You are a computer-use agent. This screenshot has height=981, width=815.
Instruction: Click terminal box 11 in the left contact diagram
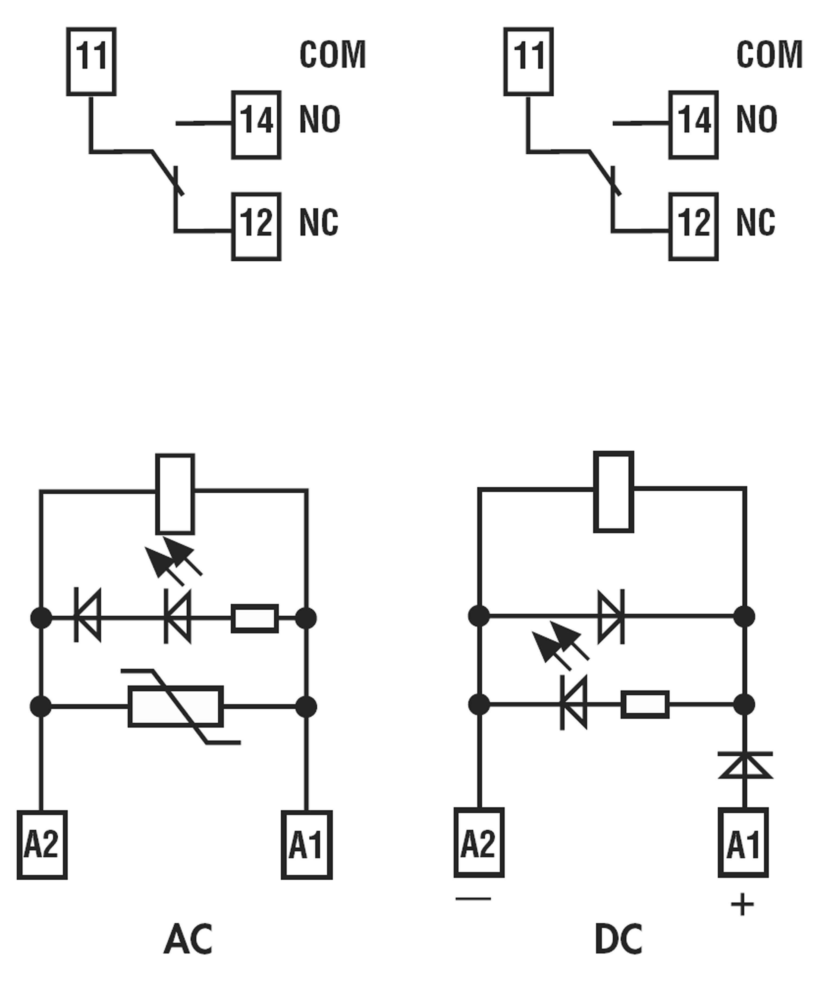pyautogui.click(x=91, y=62)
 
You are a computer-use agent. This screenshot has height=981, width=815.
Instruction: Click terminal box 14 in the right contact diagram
pyautogui.click(x=693, y=125)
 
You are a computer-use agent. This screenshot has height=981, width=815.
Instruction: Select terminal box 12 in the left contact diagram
pyautogui.click(x=256, y=227)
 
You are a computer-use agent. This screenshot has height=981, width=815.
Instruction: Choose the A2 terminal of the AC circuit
pyautogui.click(x=42, y=845)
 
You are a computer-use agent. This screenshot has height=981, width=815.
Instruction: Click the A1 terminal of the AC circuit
pyautogui.click(x=306, y=845)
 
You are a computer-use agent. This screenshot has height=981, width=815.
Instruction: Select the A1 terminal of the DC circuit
pyautogui.click(x=743, y=842)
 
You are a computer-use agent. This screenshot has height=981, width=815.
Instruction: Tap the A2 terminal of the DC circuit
pyautogui.click(x=479, y=842)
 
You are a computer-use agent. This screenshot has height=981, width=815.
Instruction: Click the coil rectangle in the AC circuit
pyautogui.click(x=175, y=494)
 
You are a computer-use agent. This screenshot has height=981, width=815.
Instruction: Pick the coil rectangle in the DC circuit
pyautogui.click(x=613, y=491)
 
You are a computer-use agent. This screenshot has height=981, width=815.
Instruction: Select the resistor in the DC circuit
pyautogui.click(x=644, y=704)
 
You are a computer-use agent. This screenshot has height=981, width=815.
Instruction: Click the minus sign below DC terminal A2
pyautogui.click(x=473, y=898)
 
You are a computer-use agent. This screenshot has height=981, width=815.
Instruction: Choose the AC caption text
pyautogui.click(x=188, y=939)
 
